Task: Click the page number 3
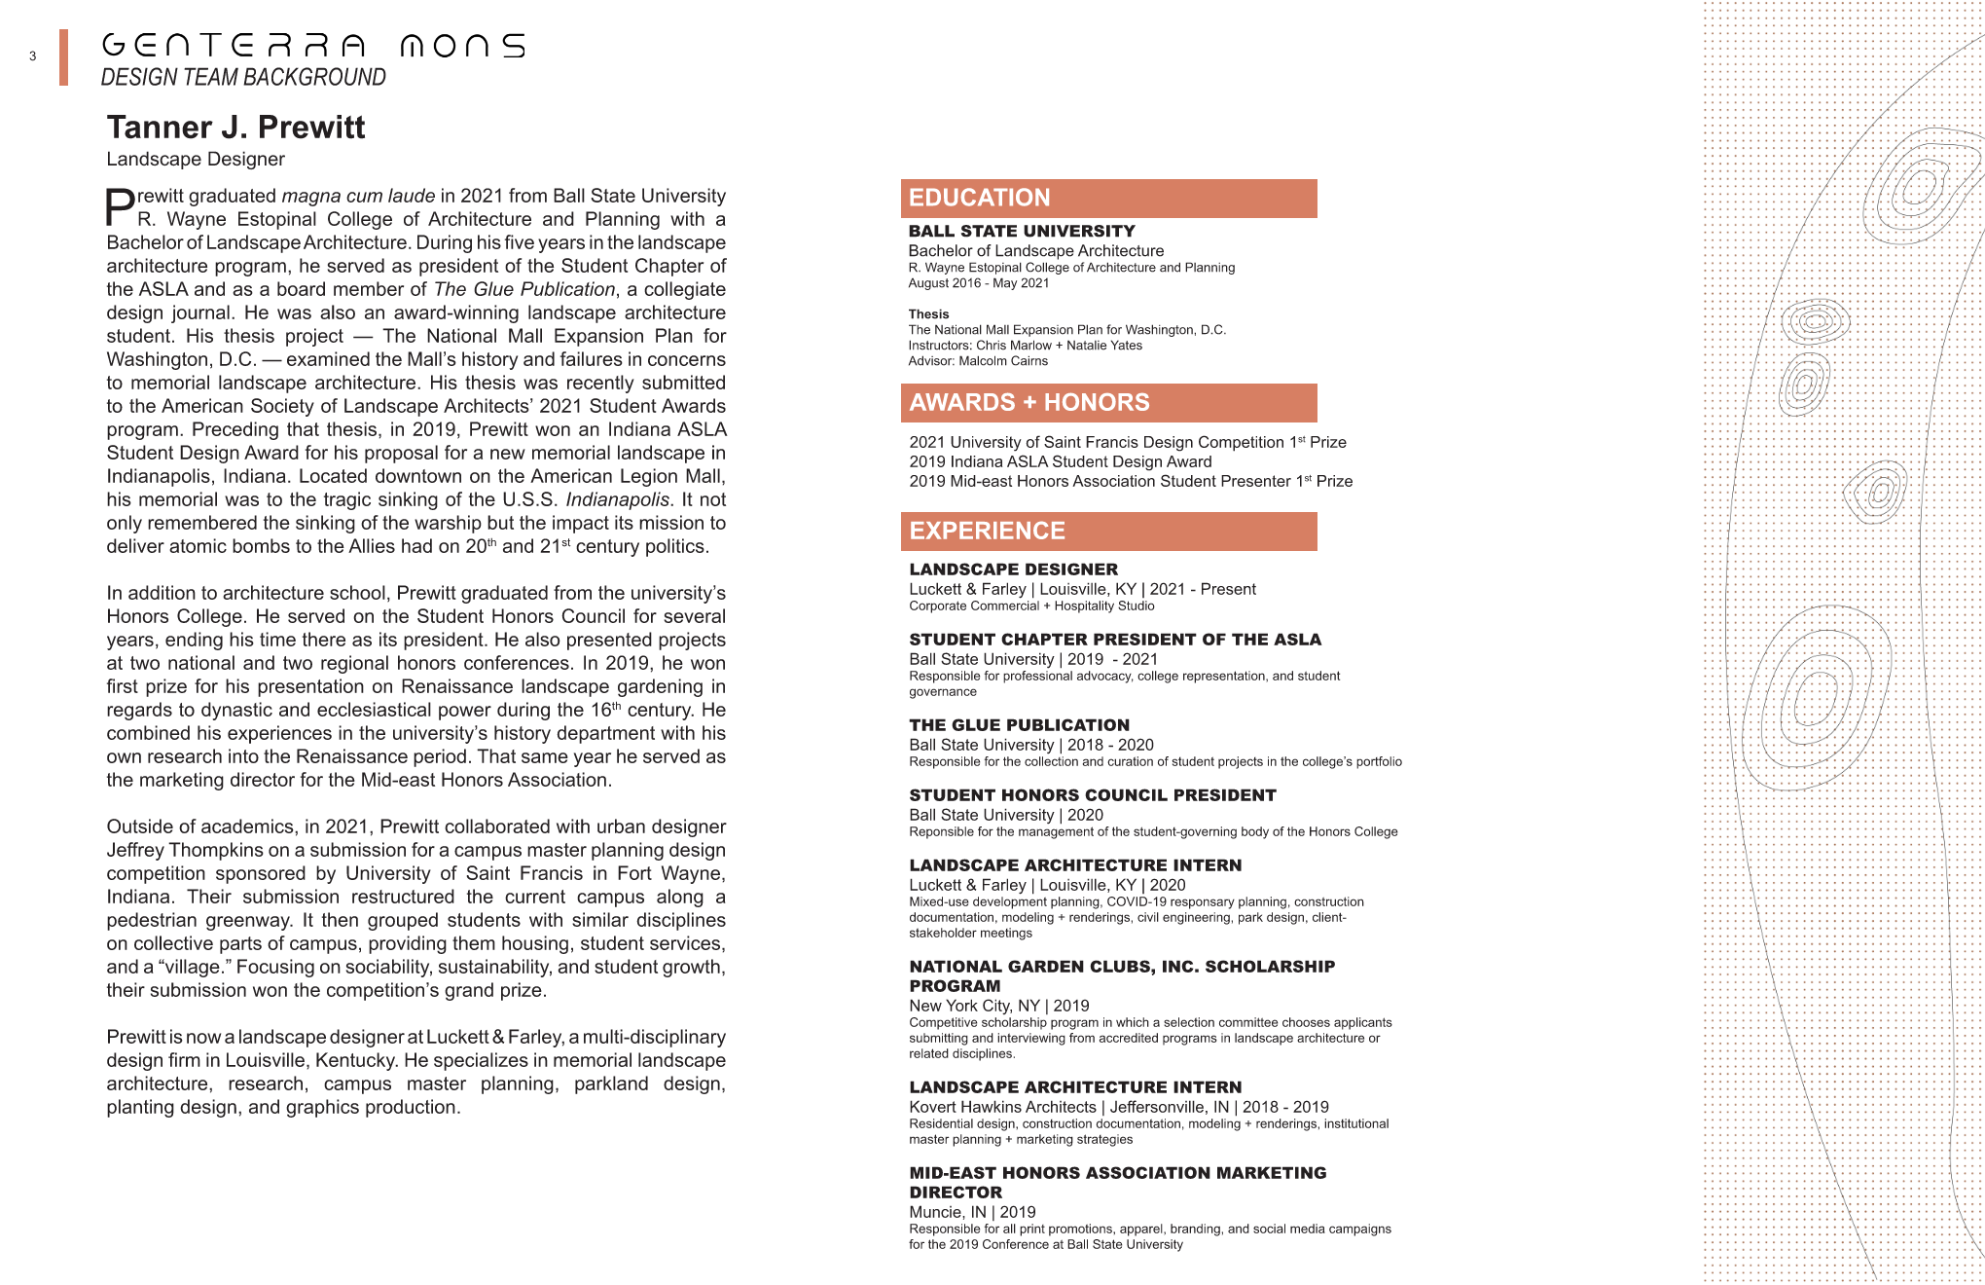click(33, 56)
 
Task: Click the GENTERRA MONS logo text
click(313, 46)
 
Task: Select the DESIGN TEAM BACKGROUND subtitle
click(243, 78)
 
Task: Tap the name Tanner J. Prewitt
click(235, 128)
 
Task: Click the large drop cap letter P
click(120, 207)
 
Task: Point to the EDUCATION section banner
click(1108, 199)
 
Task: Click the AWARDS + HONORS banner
click(1108, 403)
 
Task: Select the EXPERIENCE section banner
click(1108, 532)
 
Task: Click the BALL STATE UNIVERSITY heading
click(1022, 232)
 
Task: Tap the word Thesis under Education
click(928, 314)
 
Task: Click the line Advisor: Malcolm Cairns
click(978, 361)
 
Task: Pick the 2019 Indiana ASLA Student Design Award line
click(1061, 462)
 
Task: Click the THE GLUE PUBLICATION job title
click(1019, 725)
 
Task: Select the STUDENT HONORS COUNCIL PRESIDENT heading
click(1092, 795)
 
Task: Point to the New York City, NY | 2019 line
click(998, 1006)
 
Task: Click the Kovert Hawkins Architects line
click(1118, 1107)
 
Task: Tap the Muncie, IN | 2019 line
click(972, 1212)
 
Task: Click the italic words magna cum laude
click(358, 197)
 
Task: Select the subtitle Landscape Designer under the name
click(196, 160)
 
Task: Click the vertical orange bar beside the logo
click(63, 57)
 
